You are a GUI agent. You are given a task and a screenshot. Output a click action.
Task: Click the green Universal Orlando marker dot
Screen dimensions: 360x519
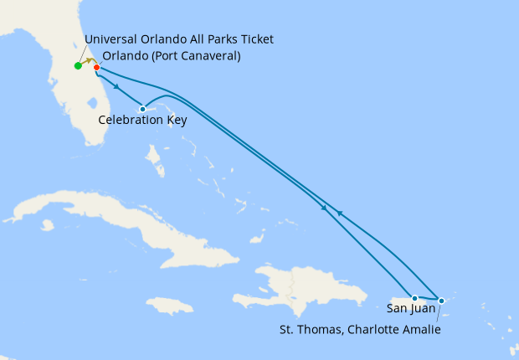coord(78,65)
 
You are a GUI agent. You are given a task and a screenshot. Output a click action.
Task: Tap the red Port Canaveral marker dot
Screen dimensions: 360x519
coord(96,67)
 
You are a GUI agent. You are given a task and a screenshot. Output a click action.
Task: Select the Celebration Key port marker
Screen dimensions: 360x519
coord(143,109)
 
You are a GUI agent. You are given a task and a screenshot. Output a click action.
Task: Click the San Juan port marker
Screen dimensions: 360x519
coord(414,298)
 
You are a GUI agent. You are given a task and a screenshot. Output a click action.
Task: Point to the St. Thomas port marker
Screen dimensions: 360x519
coord(441,299)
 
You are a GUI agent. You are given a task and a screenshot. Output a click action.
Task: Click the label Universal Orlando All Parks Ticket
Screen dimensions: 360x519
coord(179,40)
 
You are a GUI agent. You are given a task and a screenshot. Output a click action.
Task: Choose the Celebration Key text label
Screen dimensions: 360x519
coord(142,121)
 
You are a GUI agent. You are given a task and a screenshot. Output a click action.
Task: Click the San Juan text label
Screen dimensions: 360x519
coord(413,309)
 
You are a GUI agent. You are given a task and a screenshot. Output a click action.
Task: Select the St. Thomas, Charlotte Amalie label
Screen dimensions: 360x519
coord(360,330)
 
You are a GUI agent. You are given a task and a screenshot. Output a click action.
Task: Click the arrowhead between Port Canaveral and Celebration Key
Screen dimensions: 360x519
coord(116,86)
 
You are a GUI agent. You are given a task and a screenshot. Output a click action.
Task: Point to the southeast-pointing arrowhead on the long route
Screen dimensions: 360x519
coord(324,206)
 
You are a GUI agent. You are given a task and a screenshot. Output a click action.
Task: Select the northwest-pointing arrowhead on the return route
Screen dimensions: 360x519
coord(338,213)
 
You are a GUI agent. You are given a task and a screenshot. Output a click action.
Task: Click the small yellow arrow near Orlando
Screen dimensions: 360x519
coord(88,62)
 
